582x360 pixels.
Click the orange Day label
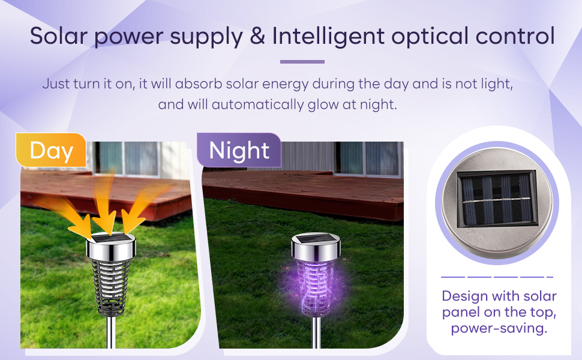(51, 150)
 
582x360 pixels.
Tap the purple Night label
(239, 150)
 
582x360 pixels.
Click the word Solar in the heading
(59, 37)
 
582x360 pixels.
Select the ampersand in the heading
(257, 37)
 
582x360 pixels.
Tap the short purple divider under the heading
(302, 62)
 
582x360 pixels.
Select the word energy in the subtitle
(285, 84)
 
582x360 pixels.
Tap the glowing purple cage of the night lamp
(315, 287)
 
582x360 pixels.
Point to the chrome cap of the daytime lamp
(111, 246)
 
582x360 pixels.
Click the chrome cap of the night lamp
(316, 246)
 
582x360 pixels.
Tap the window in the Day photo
(127, 158)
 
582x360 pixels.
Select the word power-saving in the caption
(499, 328)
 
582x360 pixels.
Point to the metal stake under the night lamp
(316, 332)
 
